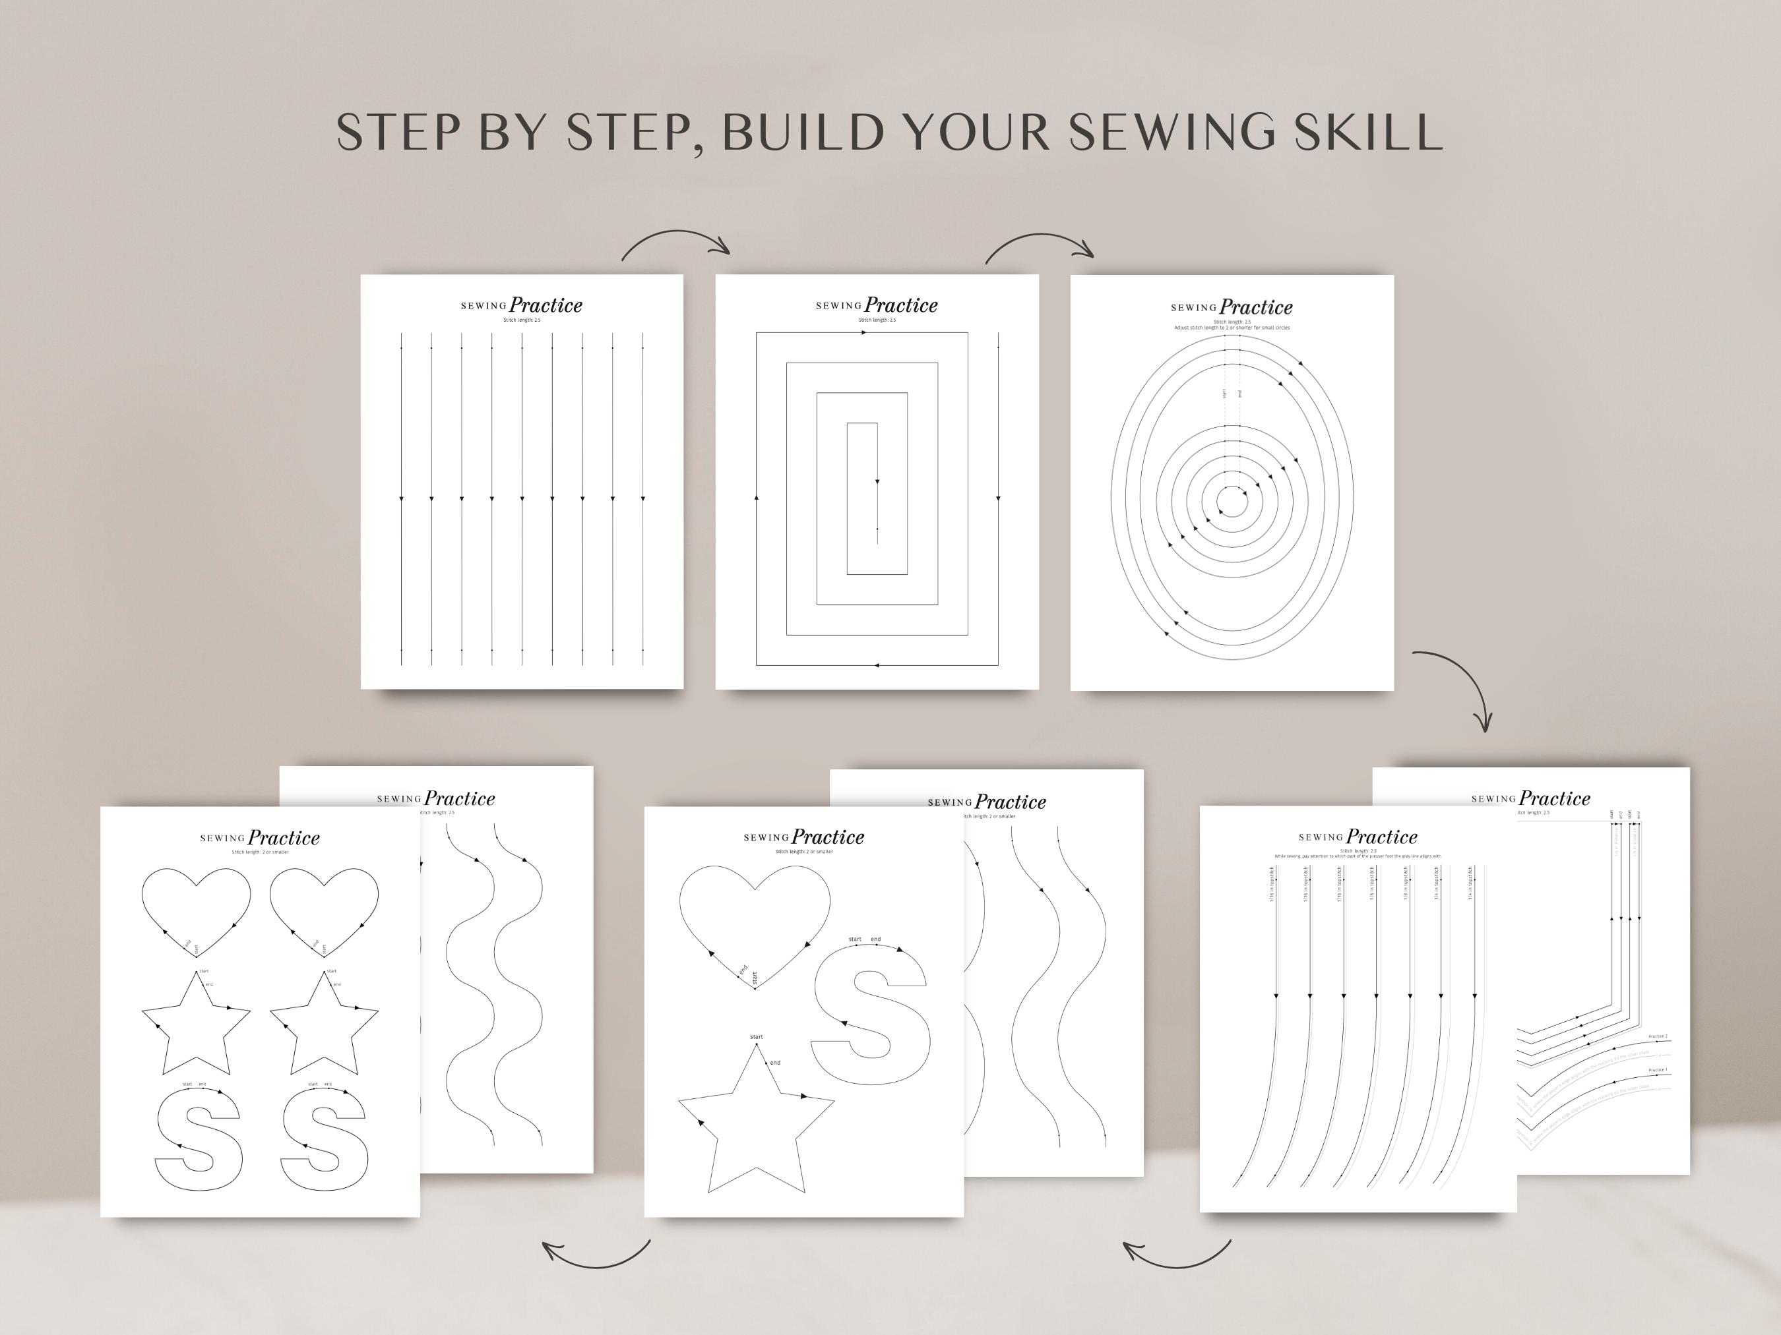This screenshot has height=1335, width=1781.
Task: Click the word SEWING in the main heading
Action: [1172, 131]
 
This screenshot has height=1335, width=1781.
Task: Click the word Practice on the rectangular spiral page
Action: [901, 305]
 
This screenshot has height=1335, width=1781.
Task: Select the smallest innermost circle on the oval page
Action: [1231, 502]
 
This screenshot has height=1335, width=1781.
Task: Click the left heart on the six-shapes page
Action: [196, 908]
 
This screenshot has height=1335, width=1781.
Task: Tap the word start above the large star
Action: [756, 1036]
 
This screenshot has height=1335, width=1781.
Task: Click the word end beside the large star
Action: [774, 1062]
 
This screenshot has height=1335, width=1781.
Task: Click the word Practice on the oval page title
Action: [1256, 307]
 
